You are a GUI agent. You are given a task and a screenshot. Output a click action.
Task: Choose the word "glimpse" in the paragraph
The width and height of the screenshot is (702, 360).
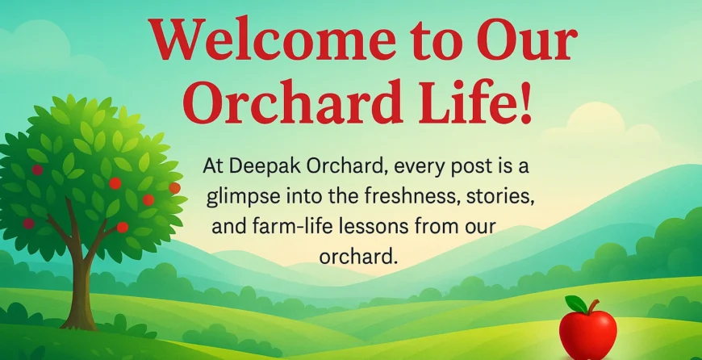click(239, 197)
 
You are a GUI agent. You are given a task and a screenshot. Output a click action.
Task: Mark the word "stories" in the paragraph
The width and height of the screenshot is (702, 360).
click(499, 197)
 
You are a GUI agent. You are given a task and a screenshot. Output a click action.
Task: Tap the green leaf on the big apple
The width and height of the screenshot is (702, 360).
click(576, 304)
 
